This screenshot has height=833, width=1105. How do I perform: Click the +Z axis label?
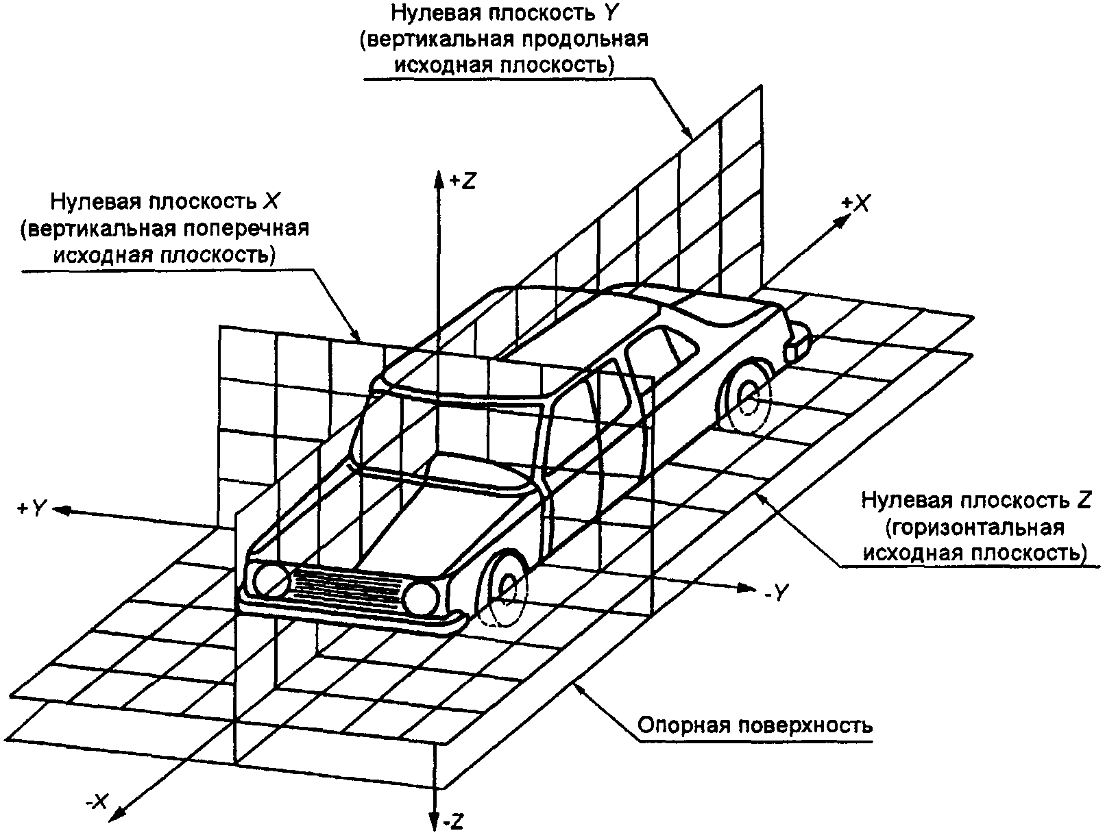pos(462,181)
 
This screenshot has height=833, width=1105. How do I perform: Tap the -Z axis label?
pos(453,821)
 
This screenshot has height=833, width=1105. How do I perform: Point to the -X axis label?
pos(97,801)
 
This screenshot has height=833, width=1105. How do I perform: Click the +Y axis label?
pos(32,508)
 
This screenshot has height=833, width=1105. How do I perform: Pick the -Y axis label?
pos(777,593)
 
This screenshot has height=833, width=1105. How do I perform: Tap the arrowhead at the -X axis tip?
pos(117,815)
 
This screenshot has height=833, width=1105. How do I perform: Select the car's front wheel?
pos(503,588)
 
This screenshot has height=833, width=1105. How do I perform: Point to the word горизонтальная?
pos(975,527)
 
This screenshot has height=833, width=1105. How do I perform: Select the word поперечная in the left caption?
pos(245,229)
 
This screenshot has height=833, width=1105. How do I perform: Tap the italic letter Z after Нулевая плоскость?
pos(1083,501)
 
